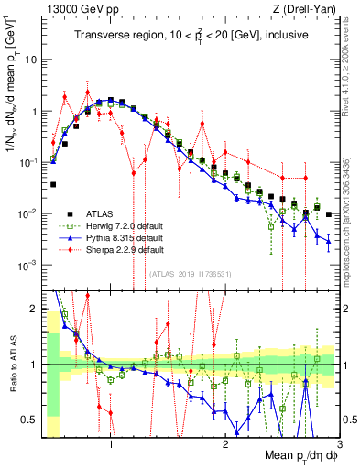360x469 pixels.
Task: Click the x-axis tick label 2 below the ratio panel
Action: tap(224, 442)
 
